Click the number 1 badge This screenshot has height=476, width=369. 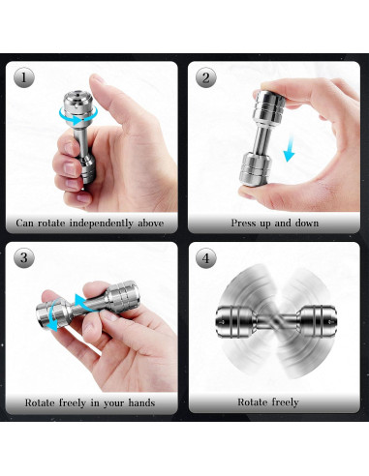click(24, 77)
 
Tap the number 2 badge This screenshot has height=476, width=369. click(205, 77)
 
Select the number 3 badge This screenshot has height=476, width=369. click(24, 257)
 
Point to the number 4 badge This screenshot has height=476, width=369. click(205, 257)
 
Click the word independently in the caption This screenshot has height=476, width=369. click(102, 223)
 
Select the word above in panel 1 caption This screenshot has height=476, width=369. click(151, 223)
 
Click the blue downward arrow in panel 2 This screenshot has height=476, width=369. click(290, 149)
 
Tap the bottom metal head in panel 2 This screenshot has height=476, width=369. click(256, 169)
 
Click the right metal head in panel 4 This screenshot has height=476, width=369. click(318, 321)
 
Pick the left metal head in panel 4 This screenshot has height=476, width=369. click(235, 322)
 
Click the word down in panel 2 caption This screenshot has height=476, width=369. click(306, 223)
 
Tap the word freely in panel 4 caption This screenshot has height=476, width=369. click(285, 402)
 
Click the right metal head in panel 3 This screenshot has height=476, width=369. click(123, 293)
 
